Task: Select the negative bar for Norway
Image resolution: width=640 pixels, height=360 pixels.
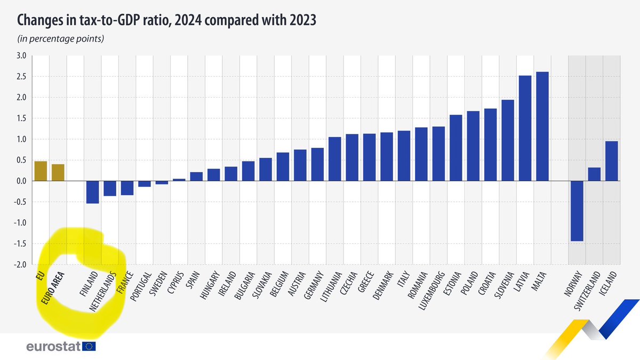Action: tap(577, 211)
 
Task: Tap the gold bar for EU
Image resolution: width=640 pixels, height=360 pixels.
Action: tap(41, 171)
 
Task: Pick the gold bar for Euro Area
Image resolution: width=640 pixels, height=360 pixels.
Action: tap(58, 173)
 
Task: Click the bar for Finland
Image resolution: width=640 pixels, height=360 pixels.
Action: tap(92, 192)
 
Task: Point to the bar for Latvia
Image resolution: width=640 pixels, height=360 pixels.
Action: tap(525, 129)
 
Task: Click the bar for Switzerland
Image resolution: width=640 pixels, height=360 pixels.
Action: tap(594, 174)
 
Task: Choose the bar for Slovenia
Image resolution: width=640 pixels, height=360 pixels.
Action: tap(508, 141)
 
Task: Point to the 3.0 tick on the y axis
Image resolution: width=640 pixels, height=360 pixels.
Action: tap(21, 55)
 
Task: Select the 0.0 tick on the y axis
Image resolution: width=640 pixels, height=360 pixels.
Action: tap(21, 181)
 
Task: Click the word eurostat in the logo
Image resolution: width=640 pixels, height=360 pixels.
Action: tap(53, 347)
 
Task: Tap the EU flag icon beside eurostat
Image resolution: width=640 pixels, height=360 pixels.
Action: tap(89, 347)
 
